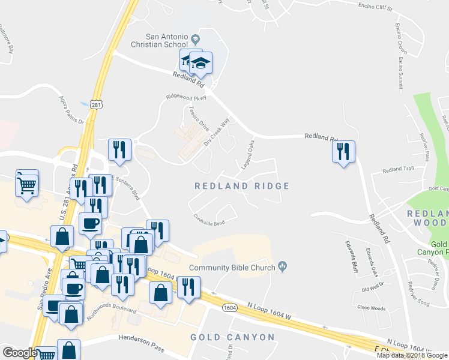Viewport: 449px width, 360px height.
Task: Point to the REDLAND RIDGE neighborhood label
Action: [x=242, y=187]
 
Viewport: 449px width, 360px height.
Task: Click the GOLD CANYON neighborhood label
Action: [x=232, y=337]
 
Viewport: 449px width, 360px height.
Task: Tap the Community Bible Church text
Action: [x=231, y=268]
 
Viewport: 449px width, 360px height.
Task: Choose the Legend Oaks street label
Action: [x=247, y=154]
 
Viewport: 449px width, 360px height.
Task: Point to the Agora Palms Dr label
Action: [x=73, y=108]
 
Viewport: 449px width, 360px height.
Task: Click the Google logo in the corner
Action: [x=20, y=353]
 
